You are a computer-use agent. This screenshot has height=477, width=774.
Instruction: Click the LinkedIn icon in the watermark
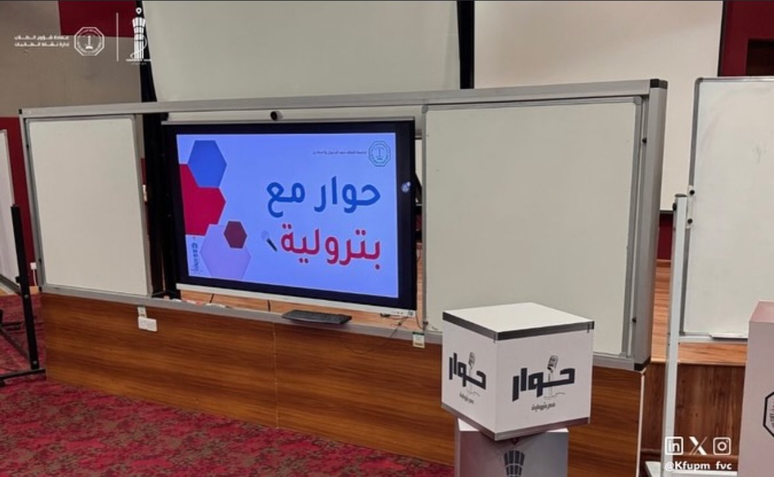click(x=674, y=445)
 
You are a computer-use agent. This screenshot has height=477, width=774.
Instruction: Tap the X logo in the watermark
click(x=698, y=445)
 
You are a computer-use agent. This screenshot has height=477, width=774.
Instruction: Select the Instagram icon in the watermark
click(x=721, y=445)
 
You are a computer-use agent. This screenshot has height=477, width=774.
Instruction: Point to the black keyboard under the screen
click(x=317, y=317)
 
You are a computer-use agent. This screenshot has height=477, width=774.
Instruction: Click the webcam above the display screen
click(x=276, y=116)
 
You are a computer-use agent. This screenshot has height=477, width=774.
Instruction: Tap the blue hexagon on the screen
click(x=207, y=164)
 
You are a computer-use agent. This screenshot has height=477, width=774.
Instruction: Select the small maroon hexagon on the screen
click(x=235, y=235)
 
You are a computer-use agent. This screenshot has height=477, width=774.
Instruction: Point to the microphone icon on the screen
click(x=269, y=240)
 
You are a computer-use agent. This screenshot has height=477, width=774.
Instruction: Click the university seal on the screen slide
click(x=378, y=152)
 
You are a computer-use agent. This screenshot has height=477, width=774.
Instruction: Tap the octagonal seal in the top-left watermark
click(x=89, y=41)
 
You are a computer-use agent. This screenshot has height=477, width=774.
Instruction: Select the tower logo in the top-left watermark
click(x=137, y=36)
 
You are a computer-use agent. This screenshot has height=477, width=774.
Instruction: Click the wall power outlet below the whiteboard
click(x=147, y=323)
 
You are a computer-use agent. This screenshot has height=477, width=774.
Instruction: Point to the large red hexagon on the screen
click(x=200, y=200)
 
